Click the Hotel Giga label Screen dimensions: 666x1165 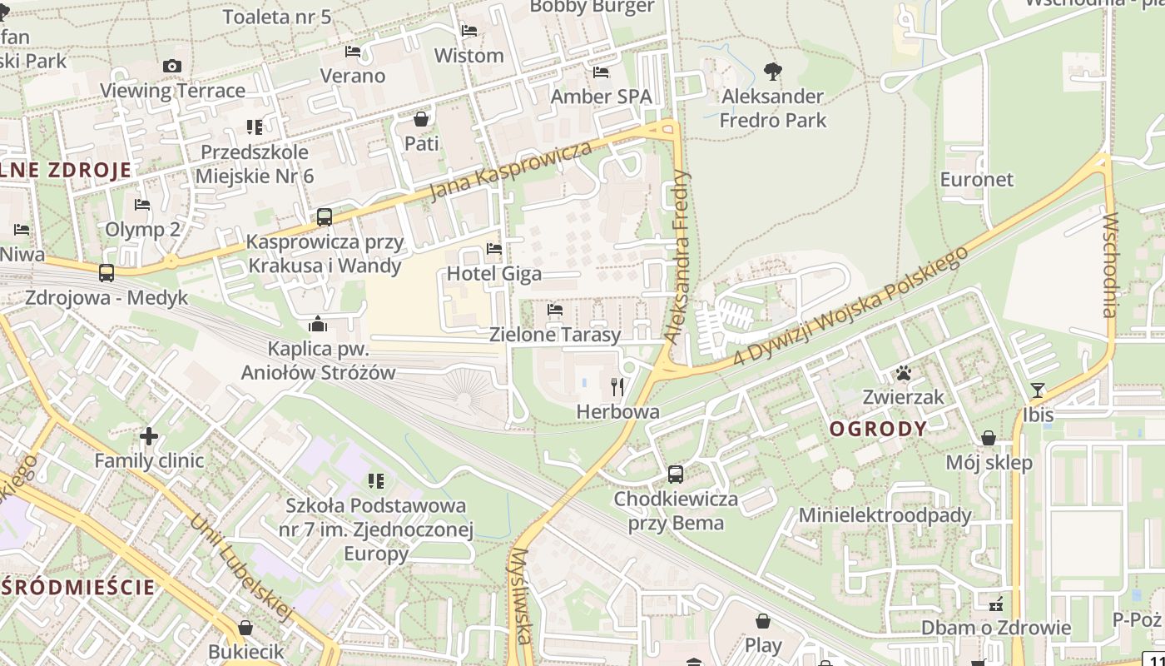tap(494, 274)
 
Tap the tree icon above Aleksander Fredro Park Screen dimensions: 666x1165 tap(773, 72)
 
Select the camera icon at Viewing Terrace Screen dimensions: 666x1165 tap(172, 66)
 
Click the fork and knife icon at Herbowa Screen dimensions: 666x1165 tap(617, 386)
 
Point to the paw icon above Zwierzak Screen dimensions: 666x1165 tap(903, 372)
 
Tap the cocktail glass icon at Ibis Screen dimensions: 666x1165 tap(1038, 390)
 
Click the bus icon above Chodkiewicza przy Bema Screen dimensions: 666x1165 tap(676, 475)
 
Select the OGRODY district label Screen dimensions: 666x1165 tap(878, 429)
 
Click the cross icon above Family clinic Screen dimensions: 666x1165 tap(149, 435)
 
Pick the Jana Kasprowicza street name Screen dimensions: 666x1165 tap(511, 171)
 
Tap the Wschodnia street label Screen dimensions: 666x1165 tap(1109, 266)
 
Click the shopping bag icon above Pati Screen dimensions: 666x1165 tap(421, 119)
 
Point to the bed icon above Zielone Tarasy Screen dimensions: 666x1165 tap(555, 310)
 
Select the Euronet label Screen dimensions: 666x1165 tap(977, 180)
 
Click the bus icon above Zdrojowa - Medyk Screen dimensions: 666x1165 tap(107, 272)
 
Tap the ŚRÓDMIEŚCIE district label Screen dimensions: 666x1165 tap(78, 587)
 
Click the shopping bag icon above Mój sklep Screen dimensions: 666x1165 tap(989, 438)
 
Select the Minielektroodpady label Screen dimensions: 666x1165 tap(885, 515)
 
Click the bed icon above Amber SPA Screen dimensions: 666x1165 tap(601, 72)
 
